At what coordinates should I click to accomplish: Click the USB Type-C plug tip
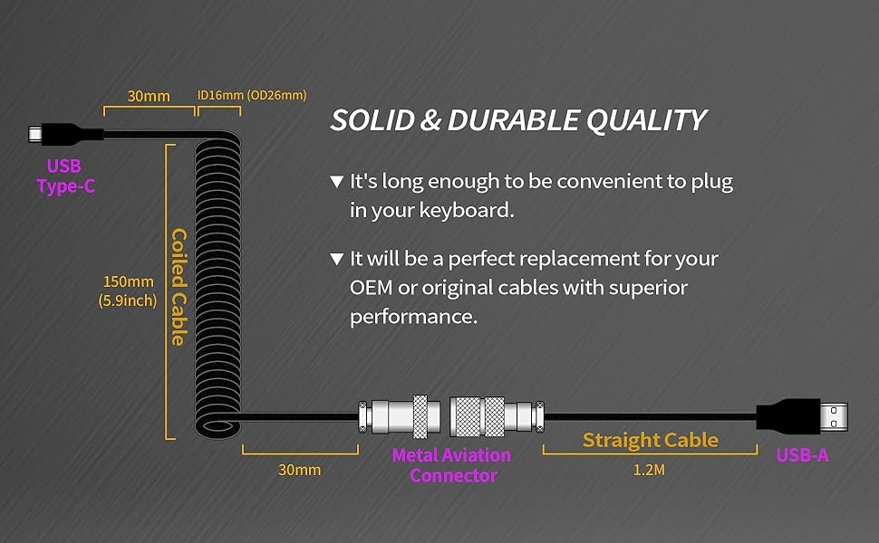35,134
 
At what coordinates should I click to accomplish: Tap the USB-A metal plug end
835,417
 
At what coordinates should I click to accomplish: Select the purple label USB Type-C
65,176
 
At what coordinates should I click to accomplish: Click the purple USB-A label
802,455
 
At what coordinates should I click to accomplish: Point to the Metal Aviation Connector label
452,465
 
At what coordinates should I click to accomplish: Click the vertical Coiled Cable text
179,287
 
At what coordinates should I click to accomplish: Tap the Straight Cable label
651,440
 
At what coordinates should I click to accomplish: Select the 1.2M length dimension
649,470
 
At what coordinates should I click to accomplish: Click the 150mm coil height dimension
129,281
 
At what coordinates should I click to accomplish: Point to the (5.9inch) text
128,300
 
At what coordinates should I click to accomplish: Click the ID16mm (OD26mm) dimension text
252,95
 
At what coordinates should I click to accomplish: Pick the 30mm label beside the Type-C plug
149,96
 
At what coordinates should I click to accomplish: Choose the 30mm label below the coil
299,470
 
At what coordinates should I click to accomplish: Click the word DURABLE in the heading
514,120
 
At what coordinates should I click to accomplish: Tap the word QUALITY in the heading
646,120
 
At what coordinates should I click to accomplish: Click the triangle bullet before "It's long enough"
336,181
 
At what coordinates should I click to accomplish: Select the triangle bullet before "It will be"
336,259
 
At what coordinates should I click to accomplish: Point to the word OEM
371,288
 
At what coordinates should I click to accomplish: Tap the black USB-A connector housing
788,417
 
